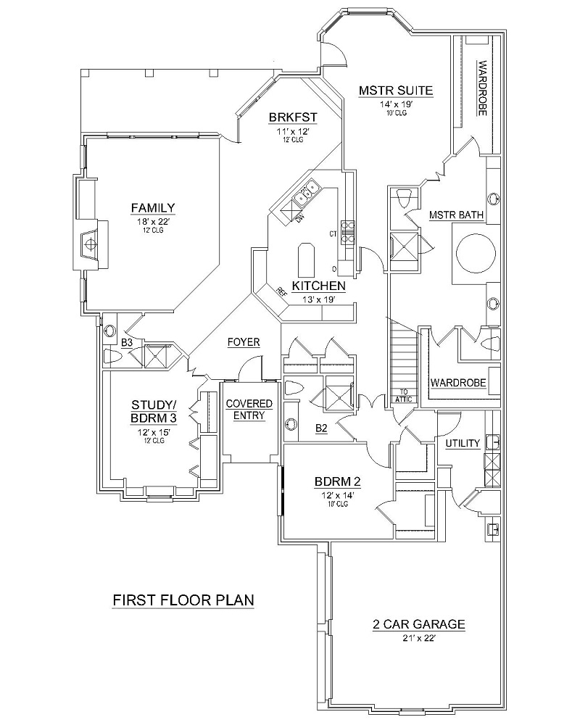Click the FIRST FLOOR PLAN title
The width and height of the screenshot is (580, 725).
(x=183, y=600)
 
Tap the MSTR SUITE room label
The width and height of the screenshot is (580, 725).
(x=396, y=91)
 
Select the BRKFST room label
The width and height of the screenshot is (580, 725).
(x=294, y=117)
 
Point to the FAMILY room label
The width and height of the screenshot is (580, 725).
(x=152, y=208)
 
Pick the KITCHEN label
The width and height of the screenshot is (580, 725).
(x=318, y=286)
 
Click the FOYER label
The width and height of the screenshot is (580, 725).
(x=244, y=342)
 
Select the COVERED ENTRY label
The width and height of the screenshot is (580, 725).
(x=249, y=410)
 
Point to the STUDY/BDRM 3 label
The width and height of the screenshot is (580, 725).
(x=154, y=411)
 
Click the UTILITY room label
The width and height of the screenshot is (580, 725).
(x=463, y=443)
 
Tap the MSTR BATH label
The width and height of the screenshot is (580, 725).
(x=456, y=215)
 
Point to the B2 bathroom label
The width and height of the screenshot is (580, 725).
(x=321, y=428)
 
